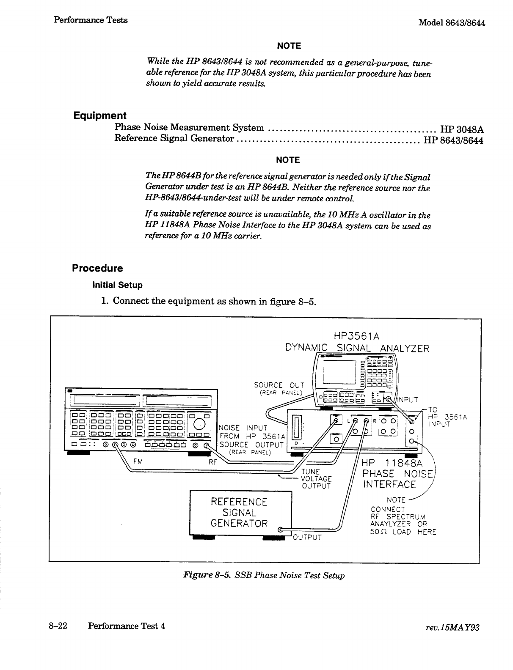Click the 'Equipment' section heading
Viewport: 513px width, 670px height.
click(100, 115)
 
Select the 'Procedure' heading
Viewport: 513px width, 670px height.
click(97, 268)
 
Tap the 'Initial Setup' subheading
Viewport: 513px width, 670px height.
click(117, 285)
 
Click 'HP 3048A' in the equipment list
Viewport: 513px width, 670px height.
click(462, 129)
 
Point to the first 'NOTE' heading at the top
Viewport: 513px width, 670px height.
click(288, 46)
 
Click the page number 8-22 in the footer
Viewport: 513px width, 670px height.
click(57, 626)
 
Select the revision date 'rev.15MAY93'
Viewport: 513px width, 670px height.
click(458, 628)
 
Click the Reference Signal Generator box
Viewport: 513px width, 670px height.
click(240, 513)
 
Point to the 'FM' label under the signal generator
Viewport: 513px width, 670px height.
click(138, 462)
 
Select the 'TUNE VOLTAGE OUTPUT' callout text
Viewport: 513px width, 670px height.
click(316, 479)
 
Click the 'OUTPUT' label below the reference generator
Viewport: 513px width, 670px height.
click(307, 538)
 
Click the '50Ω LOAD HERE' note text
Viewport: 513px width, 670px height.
click(403, 532)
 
